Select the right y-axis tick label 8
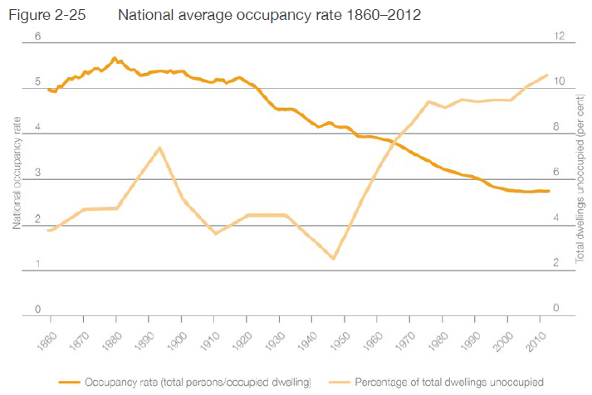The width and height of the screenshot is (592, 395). pos(557,128)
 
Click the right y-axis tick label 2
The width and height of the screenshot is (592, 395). pos(557,263)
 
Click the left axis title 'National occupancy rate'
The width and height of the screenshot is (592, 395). pos(17,173)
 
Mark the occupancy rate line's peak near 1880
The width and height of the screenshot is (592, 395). pos(115,58)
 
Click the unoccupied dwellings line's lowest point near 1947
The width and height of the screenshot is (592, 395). pos(333,259)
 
